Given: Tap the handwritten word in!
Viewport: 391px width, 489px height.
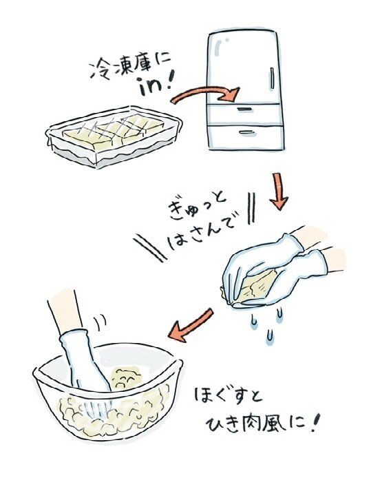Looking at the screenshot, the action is click(x=156, y=85).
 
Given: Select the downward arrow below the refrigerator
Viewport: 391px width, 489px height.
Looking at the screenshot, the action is click(x=279, y=191).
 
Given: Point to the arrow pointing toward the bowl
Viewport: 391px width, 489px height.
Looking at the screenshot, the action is click(x=190, y=324).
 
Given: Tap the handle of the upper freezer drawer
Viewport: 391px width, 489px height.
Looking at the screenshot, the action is click(x=244, y=109).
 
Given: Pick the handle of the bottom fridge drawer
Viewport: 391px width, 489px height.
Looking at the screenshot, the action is click(x=247, y=132).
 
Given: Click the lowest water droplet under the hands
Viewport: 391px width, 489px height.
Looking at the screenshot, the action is click(x=270, y=336).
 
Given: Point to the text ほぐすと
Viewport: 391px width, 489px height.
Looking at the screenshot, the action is click(x=229, y=395).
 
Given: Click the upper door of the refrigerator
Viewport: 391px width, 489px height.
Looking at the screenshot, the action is click(x=242, y=67).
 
